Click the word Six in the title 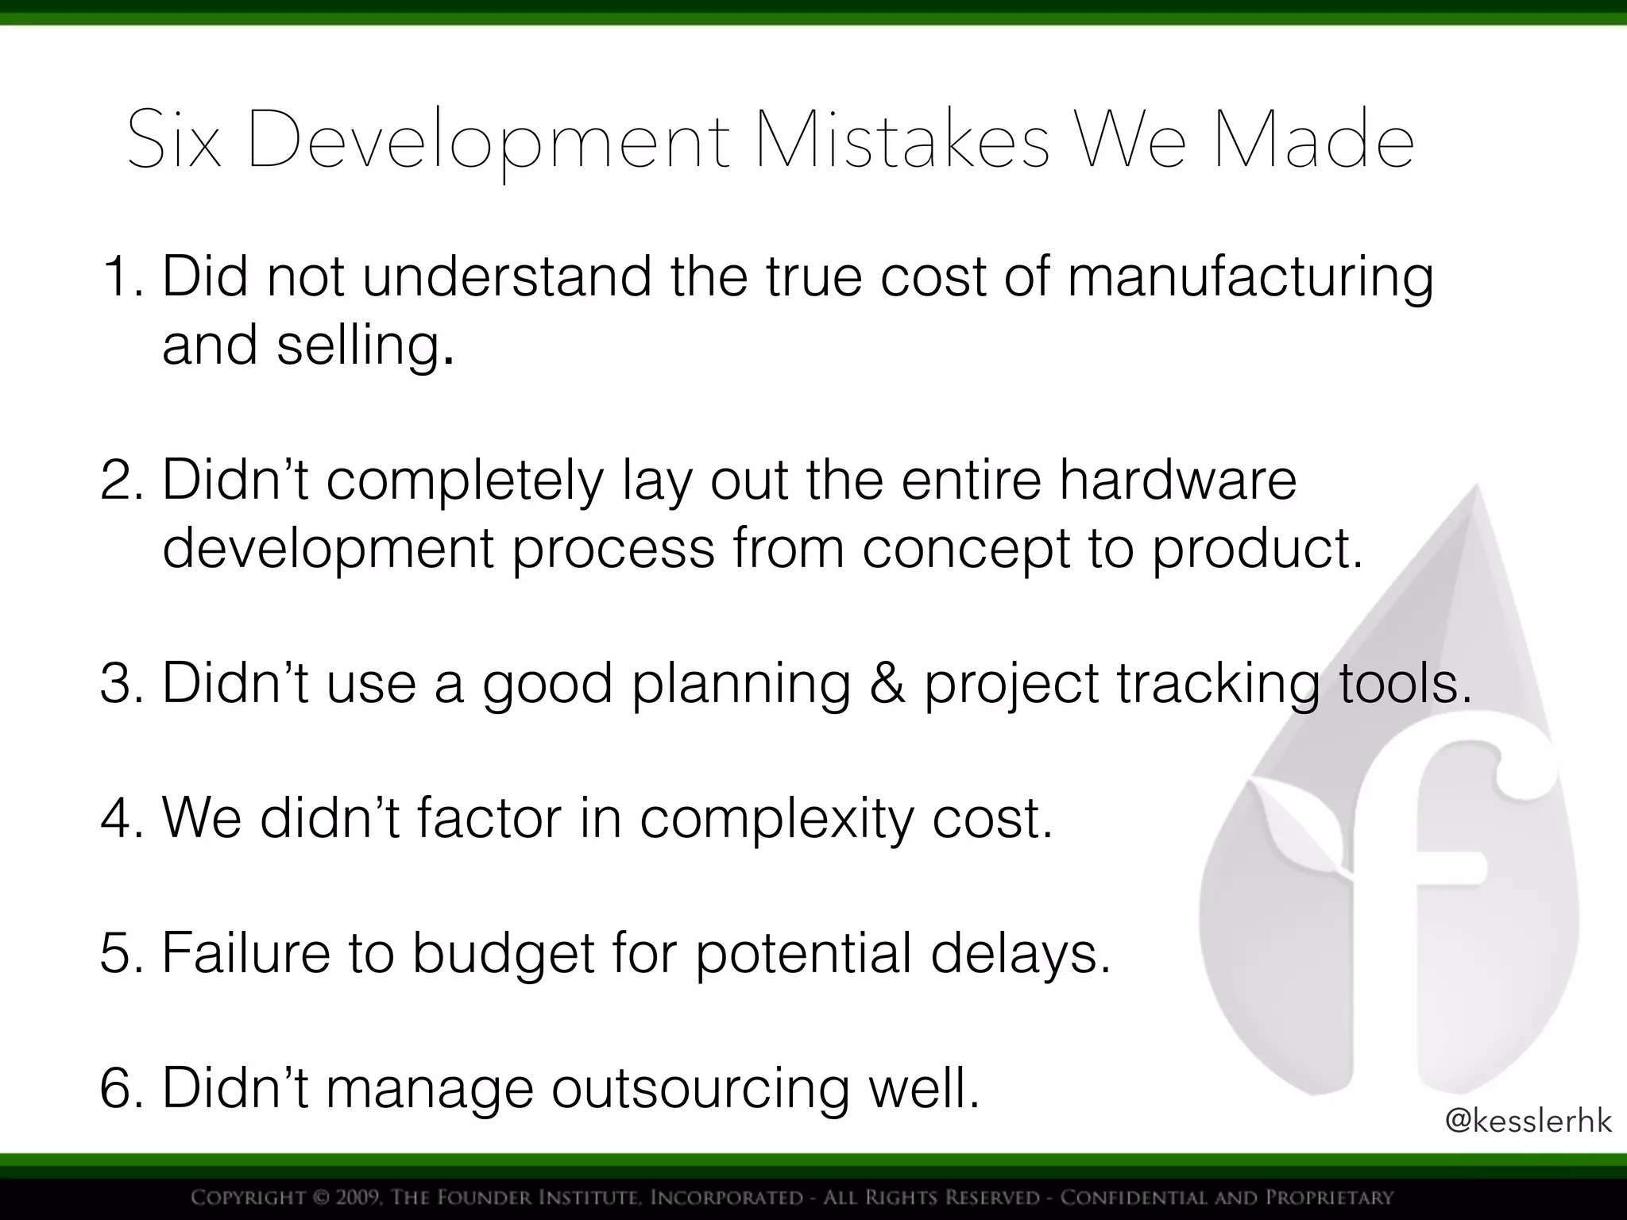click(173, 141)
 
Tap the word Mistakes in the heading click(902, 141)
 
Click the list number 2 click(121, 481)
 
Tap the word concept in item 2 click(966, 549)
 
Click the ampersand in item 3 click(887, 683)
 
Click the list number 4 click(121, 818)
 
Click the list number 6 click(121, 1088)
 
